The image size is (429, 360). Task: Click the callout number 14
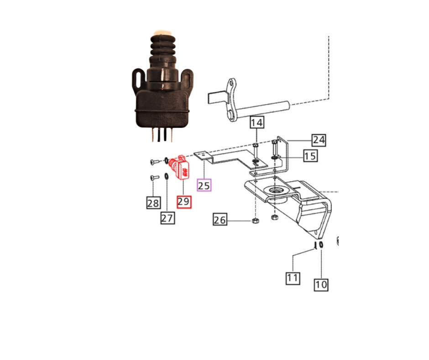point(256,122)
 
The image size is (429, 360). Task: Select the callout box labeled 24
point(318,140)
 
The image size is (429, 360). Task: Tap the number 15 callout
point(310,156)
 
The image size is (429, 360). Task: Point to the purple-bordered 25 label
point(204,185)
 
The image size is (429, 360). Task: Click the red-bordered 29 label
point(184,202)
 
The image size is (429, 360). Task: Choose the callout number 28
point(153,202)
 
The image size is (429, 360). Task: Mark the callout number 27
point(167,218)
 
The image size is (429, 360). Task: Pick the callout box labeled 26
point(220,220)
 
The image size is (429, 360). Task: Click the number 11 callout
point(293,277)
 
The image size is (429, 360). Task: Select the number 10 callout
point(321,285)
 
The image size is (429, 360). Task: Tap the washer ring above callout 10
point(321,246)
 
